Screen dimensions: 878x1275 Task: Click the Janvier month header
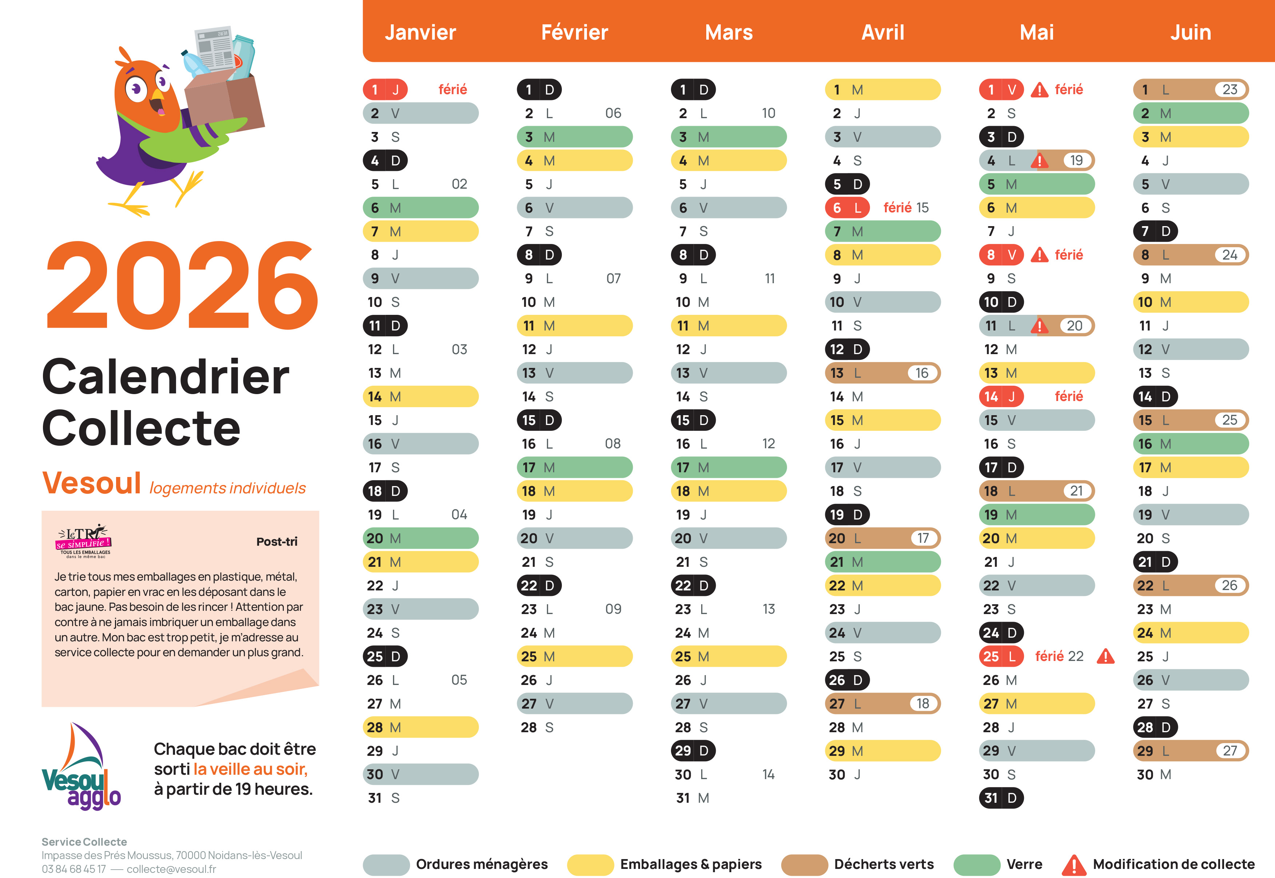[x=420, y=32]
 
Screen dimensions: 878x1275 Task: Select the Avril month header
[x=882, y=32]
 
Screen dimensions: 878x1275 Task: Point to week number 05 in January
[x=459, y=680]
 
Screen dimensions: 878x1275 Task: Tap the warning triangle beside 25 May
[x=1105, y=656]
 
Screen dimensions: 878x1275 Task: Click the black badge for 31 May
[x=1001, y=798]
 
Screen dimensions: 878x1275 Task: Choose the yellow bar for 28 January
[x=421, y=727]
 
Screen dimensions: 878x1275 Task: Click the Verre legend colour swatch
[x=976, y=864]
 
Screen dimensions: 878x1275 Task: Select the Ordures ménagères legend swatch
[x=386, y=864]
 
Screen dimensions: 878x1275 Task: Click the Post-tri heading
[x=277, y=542]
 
